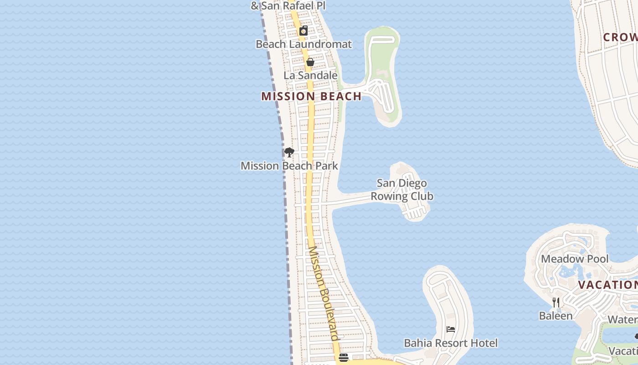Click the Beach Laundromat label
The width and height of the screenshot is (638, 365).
tap(304, 44)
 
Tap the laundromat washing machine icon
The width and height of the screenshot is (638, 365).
tap(304, 31)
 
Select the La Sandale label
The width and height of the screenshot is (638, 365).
tap(310, 75)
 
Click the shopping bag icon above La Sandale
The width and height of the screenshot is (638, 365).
tap(310, 62)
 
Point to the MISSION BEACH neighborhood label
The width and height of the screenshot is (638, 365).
tap(311, 96)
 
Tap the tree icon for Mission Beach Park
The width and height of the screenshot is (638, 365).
tap(289, 152)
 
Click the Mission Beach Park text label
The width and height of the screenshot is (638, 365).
tap(289, 166)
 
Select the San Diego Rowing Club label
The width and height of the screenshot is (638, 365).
tap(401, 190)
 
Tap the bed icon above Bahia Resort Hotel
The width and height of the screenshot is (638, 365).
tap(451, 329)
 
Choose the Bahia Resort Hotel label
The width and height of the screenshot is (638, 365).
tap(451, 343)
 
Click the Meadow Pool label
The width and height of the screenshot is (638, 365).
tap(574, 259)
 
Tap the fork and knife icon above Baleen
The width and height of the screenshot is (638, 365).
tap(556, 302)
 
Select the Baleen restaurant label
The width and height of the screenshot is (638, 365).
tap(556, 316)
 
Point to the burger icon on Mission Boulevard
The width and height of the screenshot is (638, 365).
tap(344, 358)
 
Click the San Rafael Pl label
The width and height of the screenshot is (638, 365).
tap(288, 6)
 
